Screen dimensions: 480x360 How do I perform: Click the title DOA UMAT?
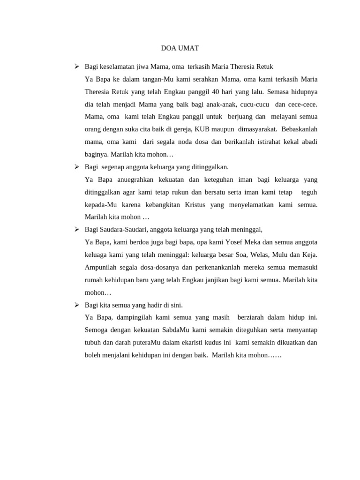tap(180, 48)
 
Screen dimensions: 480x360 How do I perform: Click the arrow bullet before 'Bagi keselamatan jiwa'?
tap(76, 67)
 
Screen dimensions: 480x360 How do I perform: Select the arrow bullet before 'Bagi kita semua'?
tap(76, 305)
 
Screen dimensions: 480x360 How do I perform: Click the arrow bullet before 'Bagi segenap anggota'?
tap(76, 167)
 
